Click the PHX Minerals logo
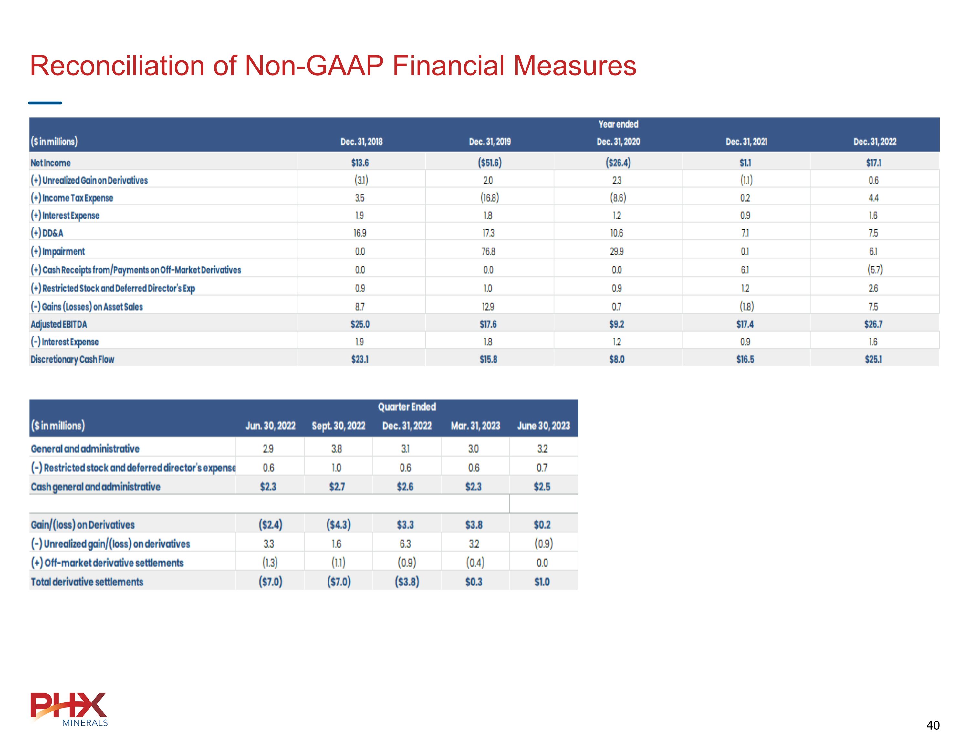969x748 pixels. coord(69,709)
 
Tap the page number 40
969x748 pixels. coord(933,725)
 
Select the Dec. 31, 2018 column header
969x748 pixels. coord(361,142)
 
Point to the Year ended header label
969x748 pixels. coord(618,124)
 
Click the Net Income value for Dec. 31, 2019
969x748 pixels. coord(489,163)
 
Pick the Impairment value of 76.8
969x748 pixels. coord(488,251)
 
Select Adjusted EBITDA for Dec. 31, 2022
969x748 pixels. coord(873,324)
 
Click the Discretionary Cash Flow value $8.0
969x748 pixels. coord(617,359)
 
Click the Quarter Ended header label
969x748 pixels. coord(406,406)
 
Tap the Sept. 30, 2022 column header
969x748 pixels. coord(338,426)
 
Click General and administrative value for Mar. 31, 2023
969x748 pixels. coord(474,449)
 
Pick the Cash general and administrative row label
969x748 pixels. coord(95,487)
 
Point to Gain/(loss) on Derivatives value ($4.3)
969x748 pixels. coord(338,525)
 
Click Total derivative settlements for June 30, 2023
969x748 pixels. coord(542,582)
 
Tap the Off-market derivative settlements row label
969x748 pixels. coord(107,563)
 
